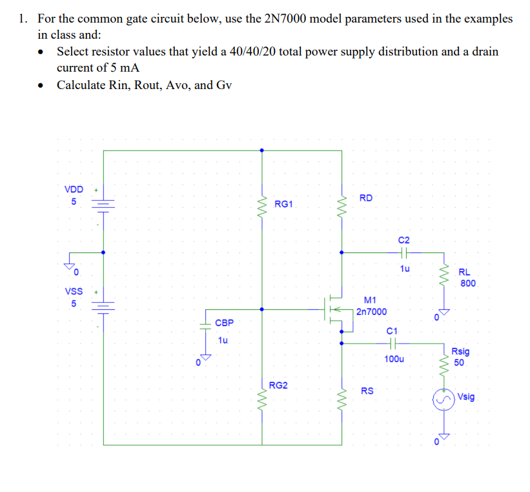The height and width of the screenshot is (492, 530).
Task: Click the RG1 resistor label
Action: click(283, 204)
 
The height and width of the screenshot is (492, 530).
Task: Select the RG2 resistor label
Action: click(278, 385)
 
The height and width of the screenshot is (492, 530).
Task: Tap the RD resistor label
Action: click(365, 198)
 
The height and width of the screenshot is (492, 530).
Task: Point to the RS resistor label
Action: click(367, 391)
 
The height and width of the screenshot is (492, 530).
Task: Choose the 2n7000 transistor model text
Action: click(371, 311)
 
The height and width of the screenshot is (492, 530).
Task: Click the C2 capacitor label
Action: click(404, 240)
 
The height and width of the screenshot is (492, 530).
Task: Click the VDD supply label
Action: click(74, 189)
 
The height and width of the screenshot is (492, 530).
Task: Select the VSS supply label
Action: click(74, 292)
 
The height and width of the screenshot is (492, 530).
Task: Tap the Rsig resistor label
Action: click(460, 352)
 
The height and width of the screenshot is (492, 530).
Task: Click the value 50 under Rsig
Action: click(458, 362)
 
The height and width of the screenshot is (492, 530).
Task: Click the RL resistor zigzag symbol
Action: click(443, 279)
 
